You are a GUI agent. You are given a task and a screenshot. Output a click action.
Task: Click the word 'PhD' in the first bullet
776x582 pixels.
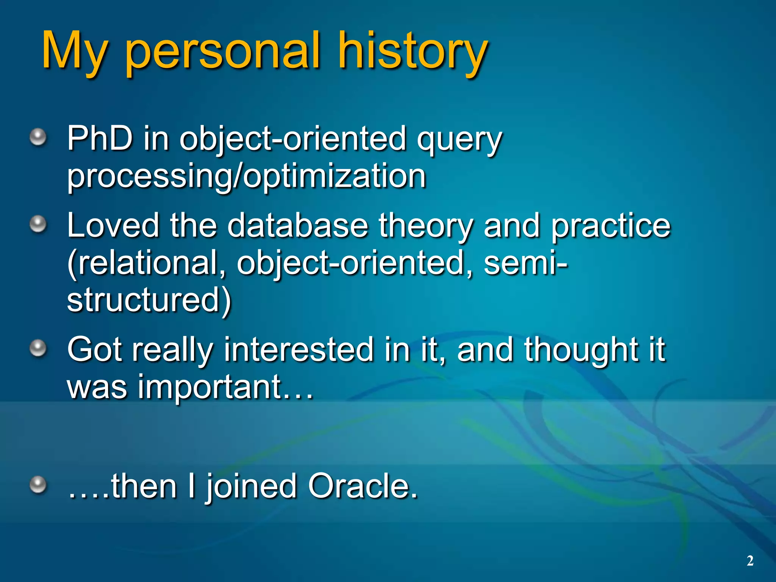pyautogui.click(x=100, y=138)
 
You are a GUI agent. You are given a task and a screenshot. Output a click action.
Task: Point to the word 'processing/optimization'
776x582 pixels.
pyautogui.click(x=247, y=176)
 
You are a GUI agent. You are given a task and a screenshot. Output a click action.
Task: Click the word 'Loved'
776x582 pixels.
pyautogui.click(x=113, y=225)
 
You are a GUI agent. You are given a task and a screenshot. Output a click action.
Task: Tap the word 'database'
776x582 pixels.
pyautogui.click(x=297, y=225)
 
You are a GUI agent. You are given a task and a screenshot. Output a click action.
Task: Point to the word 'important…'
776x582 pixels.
pyautogui.click(x=226, y=387)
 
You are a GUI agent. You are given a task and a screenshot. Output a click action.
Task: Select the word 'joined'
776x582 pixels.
pyautogui.click(x=251, y=487)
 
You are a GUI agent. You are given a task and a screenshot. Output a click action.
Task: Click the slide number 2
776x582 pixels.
pyautogui.click(x=750, y=561)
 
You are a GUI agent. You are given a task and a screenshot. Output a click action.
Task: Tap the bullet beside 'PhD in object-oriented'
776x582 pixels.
pyautogui.click(x=38, y=137)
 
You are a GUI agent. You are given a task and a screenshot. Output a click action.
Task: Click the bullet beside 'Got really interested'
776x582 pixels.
pyautogui.click(x=38, y=348)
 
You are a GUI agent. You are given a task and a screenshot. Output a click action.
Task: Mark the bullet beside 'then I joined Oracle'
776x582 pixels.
pyautogui.click(x=38, y=485)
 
